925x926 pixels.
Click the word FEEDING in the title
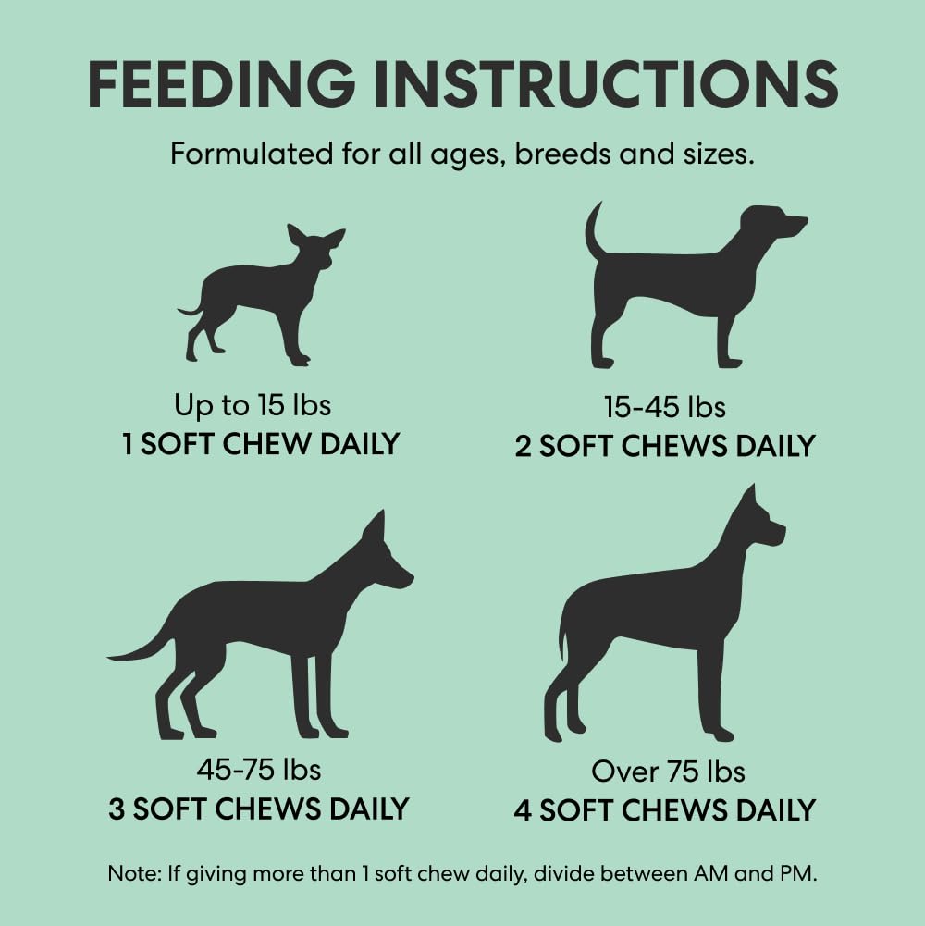click(221, 84)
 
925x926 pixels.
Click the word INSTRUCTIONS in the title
click(606, 84)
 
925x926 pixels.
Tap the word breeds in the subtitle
click(563, 154)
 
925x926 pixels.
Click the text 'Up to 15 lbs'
click(253, 405)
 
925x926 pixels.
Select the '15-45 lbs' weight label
click(664, 407)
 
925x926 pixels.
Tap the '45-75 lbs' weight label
click(259, 769)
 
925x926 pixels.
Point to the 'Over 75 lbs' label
click(668, 772)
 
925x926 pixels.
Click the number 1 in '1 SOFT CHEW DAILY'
click(127, 444)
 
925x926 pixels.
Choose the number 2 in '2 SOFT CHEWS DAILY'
click(524, 447)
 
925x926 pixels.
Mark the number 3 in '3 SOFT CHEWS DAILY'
click(117, 809)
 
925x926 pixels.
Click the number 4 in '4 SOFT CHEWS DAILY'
click(523, 810)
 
